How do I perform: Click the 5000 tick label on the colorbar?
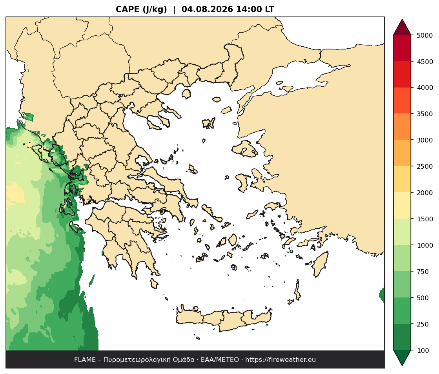[x=425, y=35]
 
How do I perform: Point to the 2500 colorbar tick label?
[x=425, y=166]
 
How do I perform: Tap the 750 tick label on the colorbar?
[x=423, y=272]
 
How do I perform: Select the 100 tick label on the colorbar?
[x=423, y=350]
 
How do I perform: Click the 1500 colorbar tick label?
[x=425, y=219]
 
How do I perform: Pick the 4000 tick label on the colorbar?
[x=425, y=88]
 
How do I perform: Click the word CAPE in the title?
[x=128, y=9]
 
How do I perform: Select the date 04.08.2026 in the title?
[x=207, y=9]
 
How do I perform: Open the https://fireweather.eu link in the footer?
[x=281, y=360]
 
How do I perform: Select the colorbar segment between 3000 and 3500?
[x=402, y=127]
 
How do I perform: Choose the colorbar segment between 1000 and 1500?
[x=402, y=232]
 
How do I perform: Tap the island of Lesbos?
[x=245, y=149]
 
